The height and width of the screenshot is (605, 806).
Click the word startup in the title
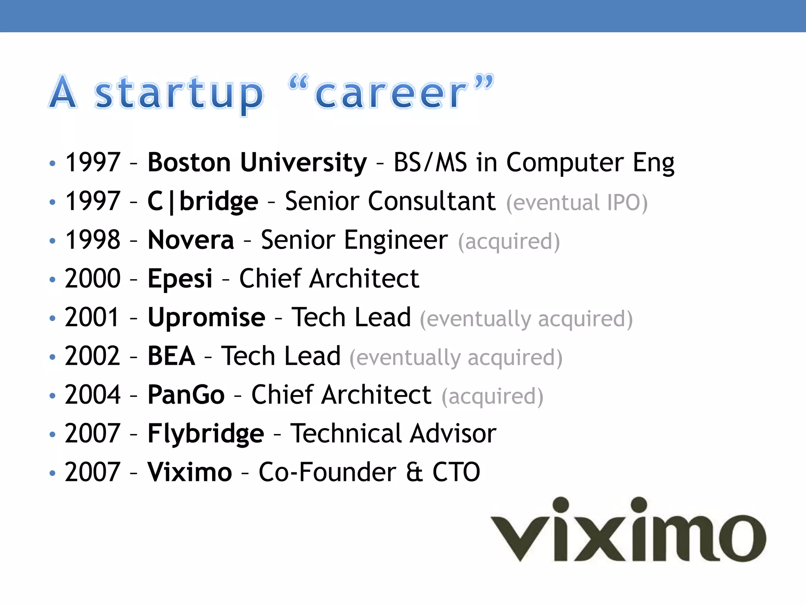click(179, 93)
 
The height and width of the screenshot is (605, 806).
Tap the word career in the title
click(390, 93)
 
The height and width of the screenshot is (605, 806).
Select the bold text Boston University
click(257, 162)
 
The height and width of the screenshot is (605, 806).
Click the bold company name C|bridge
click(203, 201)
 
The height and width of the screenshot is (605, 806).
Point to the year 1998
click(92, 239)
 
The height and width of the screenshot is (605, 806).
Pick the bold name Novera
click(191, 239)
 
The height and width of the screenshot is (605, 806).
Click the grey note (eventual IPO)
click(577, 202)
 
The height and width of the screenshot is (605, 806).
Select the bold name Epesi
click(180, 278)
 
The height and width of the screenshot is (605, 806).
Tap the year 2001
click(92, 317)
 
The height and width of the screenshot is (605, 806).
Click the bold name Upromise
click(206, 317)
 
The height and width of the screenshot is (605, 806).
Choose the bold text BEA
click(171, 356)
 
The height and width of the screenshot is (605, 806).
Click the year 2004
click(92, 394)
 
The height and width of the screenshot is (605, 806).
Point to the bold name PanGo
click(186, 394)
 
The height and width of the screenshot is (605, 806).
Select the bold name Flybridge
click(205, 434)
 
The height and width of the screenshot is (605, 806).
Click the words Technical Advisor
click(393, 433)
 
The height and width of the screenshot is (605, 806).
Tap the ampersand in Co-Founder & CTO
click(414, 472)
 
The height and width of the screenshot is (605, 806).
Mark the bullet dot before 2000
click(52, 280)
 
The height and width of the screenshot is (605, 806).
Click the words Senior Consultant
click(390, 201)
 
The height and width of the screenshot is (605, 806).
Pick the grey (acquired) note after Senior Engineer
click(508, 241)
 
